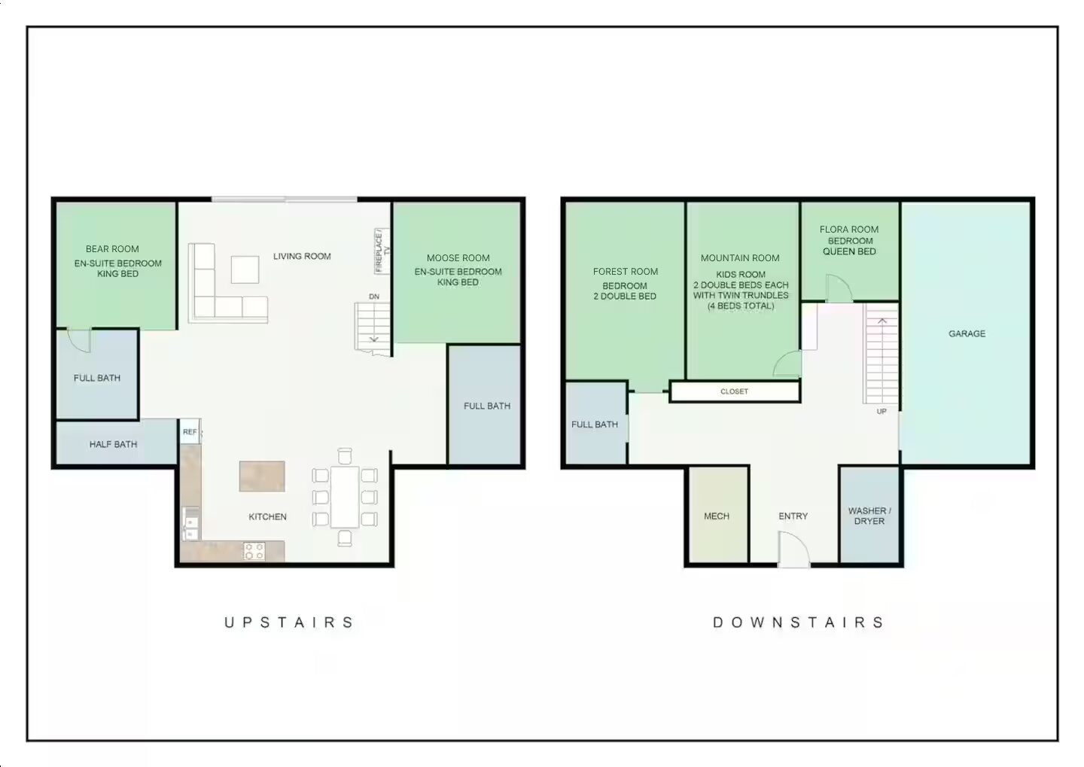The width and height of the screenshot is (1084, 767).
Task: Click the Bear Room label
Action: pos(112,249)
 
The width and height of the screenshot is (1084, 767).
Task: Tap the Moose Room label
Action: pos(458,258)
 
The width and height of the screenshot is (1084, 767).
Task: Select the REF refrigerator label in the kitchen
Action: pos(190,432)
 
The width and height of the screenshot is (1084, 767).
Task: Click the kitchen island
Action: pos(262,476)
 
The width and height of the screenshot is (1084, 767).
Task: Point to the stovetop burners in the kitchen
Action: pos(254,551)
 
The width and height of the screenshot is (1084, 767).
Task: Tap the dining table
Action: pos(345,497)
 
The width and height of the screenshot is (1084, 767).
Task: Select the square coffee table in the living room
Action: pos(245,269)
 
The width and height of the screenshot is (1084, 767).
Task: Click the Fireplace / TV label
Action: pos(382,251)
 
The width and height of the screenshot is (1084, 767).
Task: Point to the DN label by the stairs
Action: pos(374,297)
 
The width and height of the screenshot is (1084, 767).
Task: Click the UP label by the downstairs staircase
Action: pos(882,412)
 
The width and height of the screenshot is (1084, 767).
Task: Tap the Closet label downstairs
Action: pos(734,391)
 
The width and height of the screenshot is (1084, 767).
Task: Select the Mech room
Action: pos(717,516)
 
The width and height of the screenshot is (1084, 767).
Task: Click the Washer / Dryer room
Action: pos(869,516)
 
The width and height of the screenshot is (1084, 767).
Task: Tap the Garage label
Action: pos(967,333)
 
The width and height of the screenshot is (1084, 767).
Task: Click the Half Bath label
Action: pos(113,444)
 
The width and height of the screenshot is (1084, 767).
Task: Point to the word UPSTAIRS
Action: pos(289,622)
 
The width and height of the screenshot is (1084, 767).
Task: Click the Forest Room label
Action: pos(625,272)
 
